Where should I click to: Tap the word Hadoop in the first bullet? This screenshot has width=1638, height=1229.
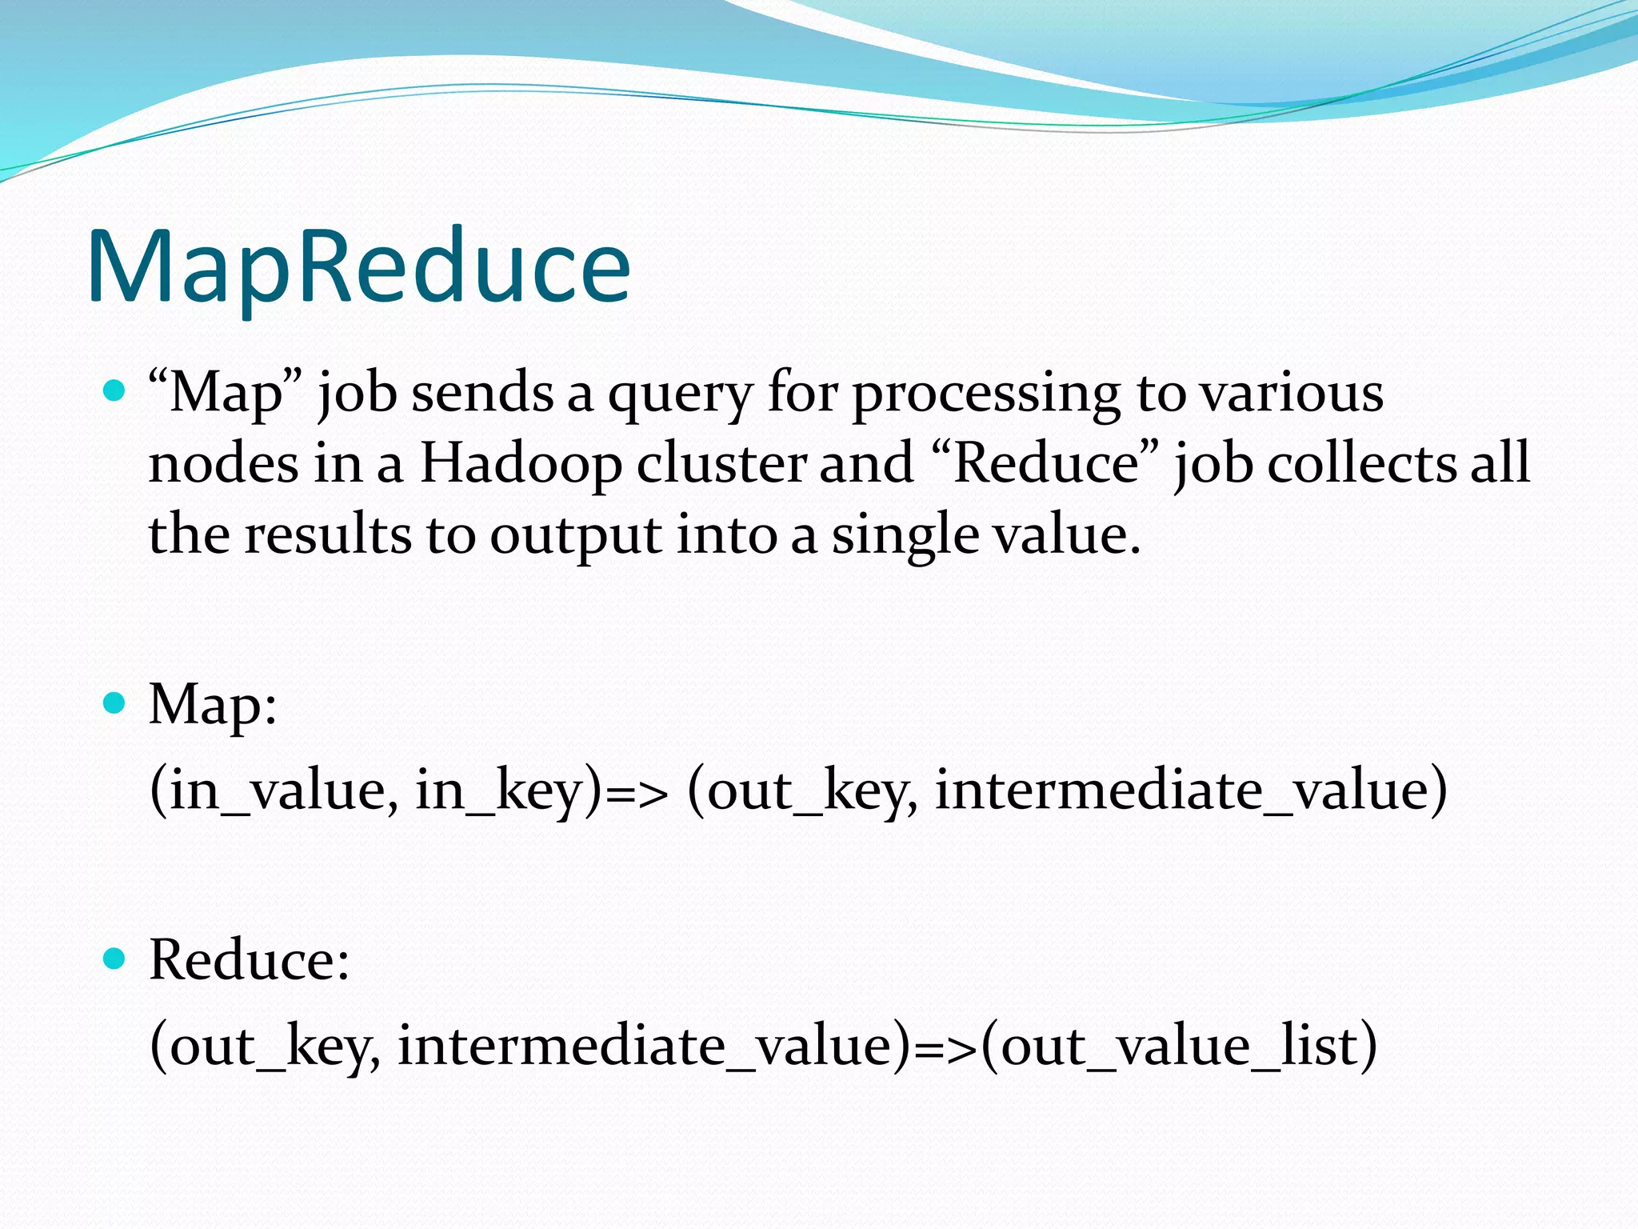tap(521, 464)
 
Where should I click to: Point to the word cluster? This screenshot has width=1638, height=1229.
tap(722, 464)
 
